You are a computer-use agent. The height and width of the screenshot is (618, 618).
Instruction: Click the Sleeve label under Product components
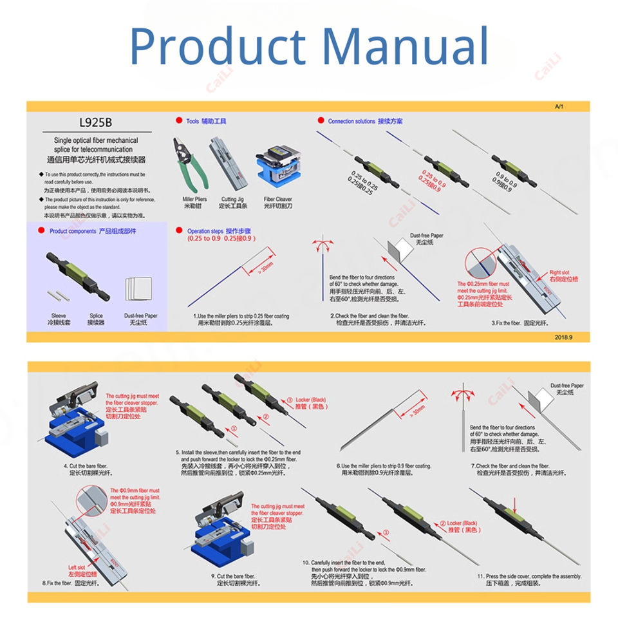coord(59,316)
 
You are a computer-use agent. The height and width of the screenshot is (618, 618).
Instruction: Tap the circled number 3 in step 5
coord(289,400)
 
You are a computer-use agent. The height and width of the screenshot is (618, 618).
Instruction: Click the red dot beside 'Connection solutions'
coord(321,121)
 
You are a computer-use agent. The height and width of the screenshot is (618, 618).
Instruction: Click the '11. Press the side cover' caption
coord(529,576)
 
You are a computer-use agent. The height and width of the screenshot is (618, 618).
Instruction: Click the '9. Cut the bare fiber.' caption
coord(233,576)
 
